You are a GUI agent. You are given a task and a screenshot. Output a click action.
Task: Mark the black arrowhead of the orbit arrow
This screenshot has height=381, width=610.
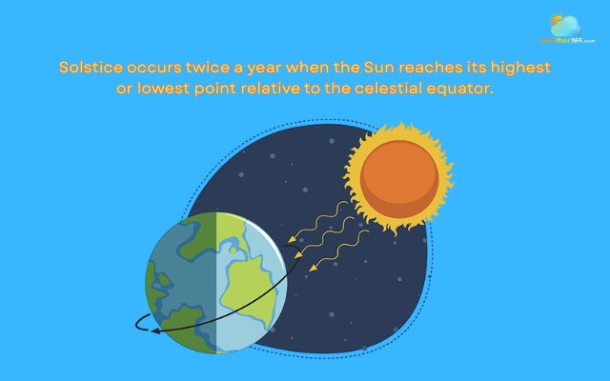[x=141, y=327]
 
